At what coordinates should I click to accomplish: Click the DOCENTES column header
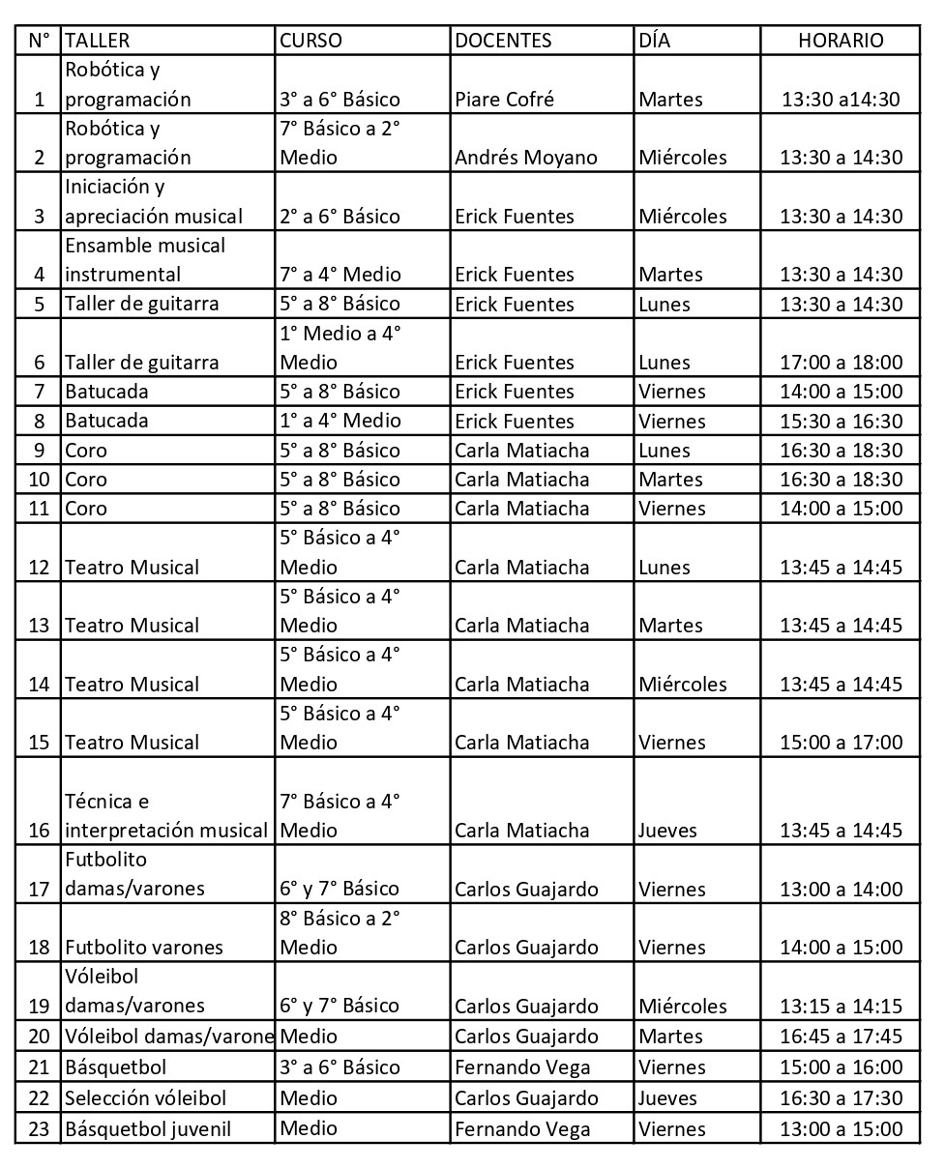coord(503,41)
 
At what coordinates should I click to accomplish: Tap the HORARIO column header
coord(840,41)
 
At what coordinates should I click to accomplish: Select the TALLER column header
coord(97,41)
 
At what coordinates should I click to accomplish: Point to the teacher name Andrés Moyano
coord(526,158)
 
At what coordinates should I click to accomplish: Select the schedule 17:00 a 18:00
coord(841,363)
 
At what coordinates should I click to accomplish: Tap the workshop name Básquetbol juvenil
coord(148,1128)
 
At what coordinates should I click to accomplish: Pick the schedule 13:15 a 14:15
coord(841,1007)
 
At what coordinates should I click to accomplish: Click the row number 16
coord(39,831)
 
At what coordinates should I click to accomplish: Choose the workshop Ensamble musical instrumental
coord(145,260)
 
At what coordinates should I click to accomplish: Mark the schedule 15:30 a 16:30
coord(841,422)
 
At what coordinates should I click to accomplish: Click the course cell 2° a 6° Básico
coord(340,217)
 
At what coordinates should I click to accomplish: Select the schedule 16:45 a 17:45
coord(841,1037)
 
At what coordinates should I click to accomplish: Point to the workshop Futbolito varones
coord(144,948)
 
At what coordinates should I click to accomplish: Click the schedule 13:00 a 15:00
coord(841,1128)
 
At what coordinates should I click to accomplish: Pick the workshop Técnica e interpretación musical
coord(164,816)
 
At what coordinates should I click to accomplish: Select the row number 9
coord(39,451)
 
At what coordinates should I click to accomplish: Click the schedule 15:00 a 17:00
coord(841,743)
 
